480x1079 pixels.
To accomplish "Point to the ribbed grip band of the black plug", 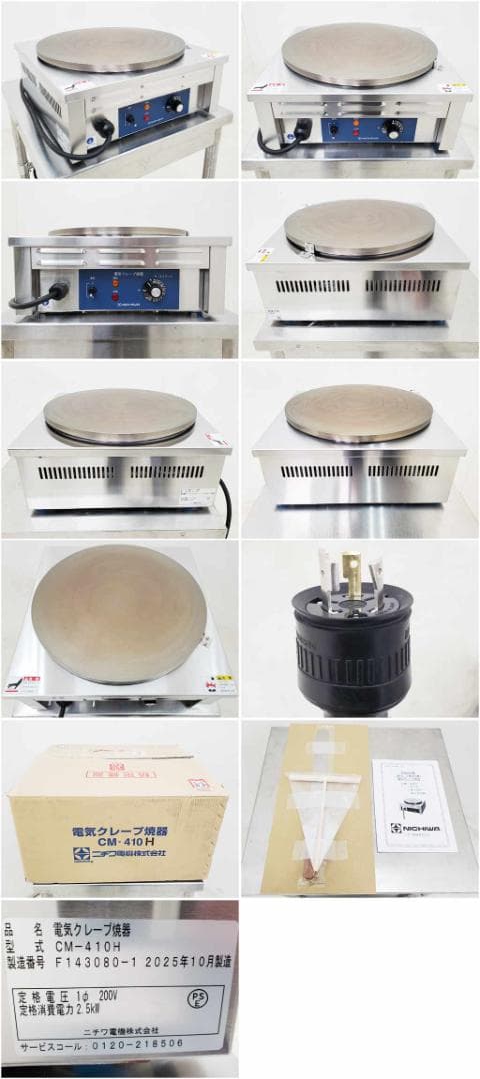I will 351,660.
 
